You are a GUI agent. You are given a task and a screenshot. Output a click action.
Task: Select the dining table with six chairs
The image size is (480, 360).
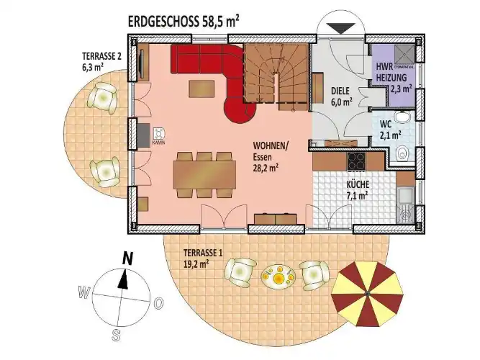click(x=204, y=174)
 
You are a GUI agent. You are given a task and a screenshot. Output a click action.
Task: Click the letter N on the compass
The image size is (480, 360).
click(x=127, y=257)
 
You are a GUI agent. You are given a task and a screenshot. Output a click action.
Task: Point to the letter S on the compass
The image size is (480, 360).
click(x=115, y=334)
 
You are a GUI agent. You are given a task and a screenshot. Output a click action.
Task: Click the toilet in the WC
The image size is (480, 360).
click(x=403, y=153)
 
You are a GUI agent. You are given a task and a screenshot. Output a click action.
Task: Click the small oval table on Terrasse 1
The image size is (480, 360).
click(x=277, y=277)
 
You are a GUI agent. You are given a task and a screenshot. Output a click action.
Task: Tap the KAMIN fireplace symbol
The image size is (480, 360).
click(x=158, y=135)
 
